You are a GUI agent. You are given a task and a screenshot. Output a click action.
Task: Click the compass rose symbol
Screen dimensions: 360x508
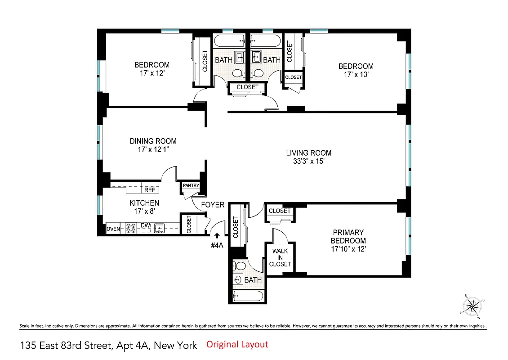pos(472,307)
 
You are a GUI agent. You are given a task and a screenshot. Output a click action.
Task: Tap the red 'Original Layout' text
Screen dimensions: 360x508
pos(237,345)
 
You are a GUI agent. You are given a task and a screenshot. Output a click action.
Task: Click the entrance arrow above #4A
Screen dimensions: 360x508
pos(217,235)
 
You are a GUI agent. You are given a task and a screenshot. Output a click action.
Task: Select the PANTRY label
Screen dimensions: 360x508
pos(191,186)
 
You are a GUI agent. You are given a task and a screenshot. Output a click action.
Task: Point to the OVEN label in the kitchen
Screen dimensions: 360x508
pos(113,229)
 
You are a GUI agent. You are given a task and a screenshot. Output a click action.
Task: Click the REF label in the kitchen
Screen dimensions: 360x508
pos(149,190)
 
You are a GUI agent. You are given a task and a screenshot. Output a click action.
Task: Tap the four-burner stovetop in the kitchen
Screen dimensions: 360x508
pos(131,229)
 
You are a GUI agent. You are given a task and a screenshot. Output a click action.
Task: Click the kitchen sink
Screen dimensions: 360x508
pos(159,229)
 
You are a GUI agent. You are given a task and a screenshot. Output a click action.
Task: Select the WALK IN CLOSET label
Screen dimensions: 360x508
pos(280,257)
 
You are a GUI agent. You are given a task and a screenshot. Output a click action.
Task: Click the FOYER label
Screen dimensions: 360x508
pos(212,205)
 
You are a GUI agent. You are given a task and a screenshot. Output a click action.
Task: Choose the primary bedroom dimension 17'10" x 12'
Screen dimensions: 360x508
pos(348,249)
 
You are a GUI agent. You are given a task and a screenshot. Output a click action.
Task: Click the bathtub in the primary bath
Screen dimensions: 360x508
pos(247,296)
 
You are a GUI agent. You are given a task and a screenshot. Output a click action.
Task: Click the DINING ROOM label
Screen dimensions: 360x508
pos(153,141)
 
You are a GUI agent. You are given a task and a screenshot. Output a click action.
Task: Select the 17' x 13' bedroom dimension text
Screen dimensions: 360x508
pos(356,75)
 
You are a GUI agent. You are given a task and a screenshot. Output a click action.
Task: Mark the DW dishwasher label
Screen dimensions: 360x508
pos(145,225)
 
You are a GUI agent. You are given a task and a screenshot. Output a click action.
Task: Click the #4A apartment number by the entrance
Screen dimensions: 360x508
pos(218,246)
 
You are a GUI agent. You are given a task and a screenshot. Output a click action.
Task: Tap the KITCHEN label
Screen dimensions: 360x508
pos(144,203)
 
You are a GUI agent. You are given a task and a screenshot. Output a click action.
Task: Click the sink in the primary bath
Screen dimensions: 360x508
pos(238,280)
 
